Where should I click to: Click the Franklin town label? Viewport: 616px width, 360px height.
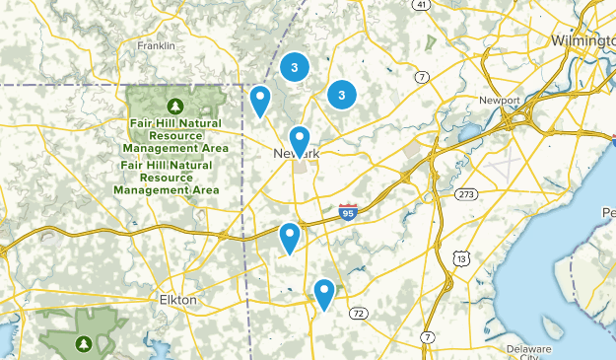point(156,45)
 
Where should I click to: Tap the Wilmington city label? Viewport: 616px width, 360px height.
point(582,40)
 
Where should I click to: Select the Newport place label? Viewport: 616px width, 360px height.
point(498,101)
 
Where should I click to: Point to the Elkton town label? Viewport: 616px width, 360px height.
point(178,299)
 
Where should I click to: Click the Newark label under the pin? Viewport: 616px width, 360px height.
point(297,155)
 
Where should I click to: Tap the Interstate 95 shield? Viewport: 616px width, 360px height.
point(347,212)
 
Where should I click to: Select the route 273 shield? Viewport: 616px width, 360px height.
point(466,193)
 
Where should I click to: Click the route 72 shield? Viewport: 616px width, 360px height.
point(359,313)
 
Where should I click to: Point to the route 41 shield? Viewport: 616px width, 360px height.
point(422,5)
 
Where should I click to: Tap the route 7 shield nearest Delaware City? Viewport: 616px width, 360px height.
point(427,337)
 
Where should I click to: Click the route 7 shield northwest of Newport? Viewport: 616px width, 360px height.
point(421,77)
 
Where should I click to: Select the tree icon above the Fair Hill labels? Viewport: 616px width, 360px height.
point(176,105)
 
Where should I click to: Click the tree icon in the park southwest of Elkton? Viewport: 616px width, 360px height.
point(84,343)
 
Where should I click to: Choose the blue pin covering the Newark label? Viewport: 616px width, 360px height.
point(299,140)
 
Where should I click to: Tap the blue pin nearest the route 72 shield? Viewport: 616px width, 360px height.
point(324,292)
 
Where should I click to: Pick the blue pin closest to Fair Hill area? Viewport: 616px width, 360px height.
point(260,100)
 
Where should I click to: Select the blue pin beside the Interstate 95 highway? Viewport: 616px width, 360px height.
point(289,237)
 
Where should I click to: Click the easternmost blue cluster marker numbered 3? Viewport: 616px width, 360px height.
point(341,95)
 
